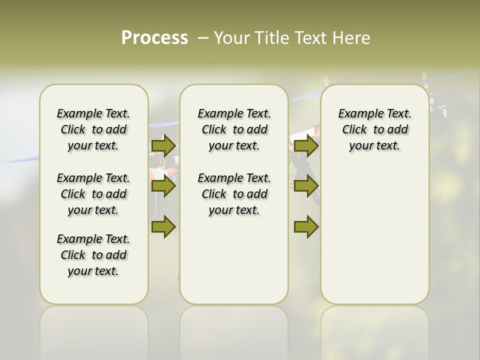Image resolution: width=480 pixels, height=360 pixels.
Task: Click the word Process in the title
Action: pyautogui.click(x=154, y=37)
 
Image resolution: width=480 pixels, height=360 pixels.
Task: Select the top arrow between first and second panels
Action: pyautogui.click(x=163, y=145)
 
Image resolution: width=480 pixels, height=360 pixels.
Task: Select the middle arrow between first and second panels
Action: pyautogui.click(x=163, y=186)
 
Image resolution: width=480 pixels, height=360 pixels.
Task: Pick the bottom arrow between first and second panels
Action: pyautogui.click(x=163, y=227)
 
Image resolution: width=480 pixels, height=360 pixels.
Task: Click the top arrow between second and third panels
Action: pyautogui.click(x=306, y=145)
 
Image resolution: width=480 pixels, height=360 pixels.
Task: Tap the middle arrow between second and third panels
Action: pyautogui.click(x=306, y=186)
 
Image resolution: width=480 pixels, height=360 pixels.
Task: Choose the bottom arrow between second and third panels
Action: pyautogui.click(x=306, y=227)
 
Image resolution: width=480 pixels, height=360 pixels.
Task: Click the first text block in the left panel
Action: pyautogui.click(x=93, y=129)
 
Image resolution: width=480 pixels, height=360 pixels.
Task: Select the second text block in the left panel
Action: pyautogui.click(x=93, y=194)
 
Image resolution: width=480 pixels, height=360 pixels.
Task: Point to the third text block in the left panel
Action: pyautogui.click(x=93, y=255)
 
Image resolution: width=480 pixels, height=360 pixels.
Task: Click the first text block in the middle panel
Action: pyautogui.click(x=234, y=129)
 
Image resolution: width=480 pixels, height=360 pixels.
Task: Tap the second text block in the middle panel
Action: pyautogui.click(x=234, y=194)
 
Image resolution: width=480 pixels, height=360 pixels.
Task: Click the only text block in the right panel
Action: pyautogui.click(x=375, y=129)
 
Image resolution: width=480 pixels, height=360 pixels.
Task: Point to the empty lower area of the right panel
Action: pyautogui.click(x=375, y=235)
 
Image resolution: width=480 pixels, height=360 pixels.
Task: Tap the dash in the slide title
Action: pyautogui.click(x=203, y=38)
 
